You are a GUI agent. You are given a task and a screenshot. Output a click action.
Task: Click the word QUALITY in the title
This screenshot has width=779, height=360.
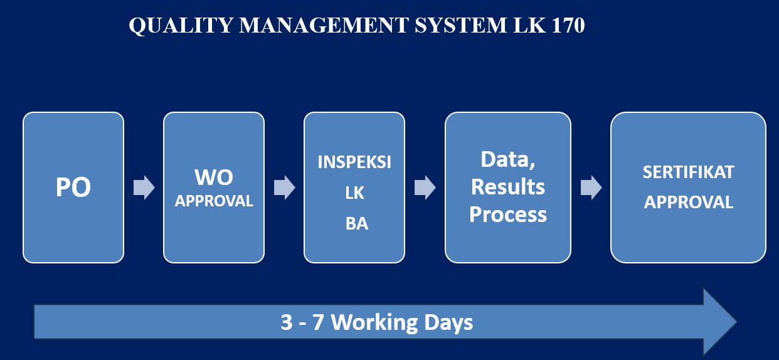tap(181, 26)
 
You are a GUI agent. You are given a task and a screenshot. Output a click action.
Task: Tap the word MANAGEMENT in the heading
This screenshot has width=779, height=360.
tap(324, 25)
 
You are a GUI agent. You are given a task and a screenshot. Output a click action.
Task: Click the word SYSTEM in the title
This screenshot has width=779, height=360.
tap(461, 25)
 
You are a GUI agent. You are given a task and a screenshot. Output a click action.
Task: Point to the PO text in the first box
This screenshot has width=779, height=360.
tap(73, 187)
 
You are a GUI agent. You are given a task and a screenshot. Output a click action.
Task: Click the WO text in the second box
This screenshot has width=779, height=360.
tap(214, 177)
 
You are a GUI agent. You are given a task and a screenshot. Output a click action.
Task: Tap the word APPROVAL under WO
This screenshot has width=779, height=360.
tap(214, 201)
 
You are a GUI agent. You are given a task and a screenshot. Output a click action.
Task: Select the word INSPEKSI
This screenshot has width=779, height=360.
tap(354, 162)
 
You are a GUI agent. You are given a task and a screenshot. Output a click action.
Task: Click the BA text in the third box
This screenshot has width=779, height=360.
tap(357, 224)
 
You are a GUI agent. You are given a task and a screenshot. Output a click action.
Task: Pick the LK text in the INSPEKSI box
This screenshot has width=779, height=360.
tap(354, 193)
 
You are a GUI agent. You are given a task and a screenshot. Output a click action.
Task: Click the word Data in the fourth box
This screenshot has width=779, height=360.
tap(508, 160)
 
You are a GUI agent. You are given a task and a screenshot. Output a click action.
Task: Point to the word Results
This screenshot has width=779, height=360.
tap(508, 187)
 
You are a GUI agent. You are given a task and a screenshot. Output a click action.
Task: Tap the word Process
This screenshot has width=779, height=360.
tap(508, 214)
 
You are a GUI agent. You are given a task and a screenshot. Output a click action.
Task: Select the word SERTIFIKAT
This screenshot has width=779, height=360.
tap(688, 172)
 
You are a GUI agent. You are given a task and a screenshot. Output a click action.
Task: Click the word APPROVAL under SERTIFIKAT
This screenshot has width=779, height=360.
tap(688, 203)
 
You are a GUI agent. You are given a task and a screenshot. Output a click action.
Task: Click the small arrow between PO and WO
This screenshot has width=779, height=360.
tap(144, 188)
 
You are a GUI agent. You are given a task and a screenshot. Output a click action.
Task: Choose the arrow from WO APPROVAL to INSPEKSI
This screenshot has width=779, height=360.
tap(285, 188)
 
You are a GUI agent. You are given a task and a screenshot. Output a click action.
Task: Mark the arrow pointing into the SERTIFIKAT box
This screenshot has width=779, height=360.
tap(591, 188)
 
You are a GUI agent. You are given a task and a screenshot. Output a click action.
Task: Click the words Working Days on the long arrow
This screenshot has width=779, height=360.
tap(401, 322)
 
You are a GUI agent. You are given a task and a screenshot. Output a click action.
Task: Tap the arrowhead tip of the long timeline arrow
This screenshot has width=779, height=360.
tap(736, 322)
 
